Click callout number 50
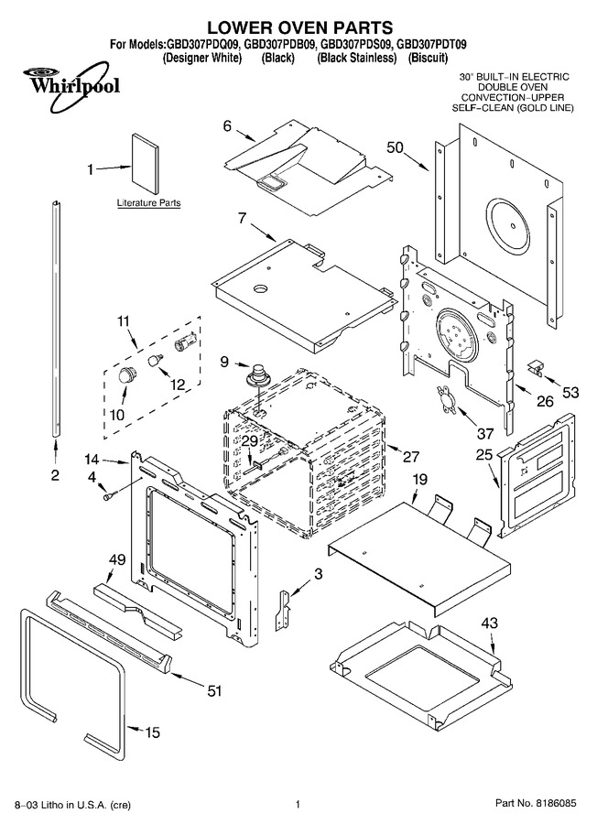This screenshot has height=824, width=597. tap(396, 147)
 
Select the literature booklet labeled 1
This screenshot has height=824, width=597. tap(144, 165)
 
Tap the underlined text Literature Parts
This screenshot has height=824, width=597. tap(148, 203)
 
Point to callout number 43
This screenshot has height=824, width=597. tap(489, 623)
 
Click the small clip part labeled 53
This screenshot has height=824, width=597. tap(535, 366)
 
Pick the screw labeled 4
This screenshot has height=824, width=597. tap(110, 495)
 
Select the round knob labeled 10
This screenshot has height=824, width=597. tap(126, 374)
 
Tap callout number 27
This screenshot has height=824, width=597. tap(410, 456)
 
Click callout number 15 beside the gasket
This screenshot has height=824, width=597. tap(152, 732)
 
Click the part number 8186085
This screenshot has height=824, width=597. tap(557, 804)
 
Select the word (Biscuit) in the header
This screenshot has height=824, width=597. tap(428, 58)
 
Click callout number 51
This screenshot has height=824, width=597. tap(214, 690)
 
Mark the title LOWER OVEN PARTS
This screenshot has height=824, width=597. tap(299, 27)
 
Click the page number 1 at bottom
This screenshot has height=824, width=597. tap(298, 804)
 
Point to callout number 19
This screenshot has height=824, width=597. tap(419, 479)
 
